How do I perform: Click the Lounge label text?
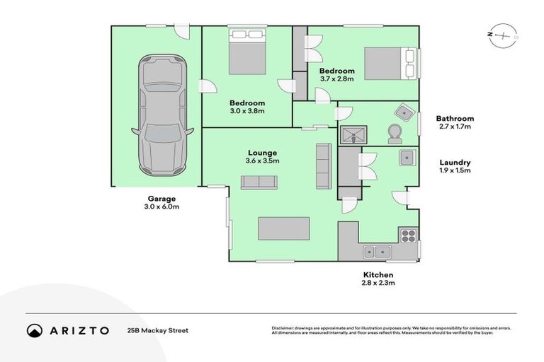[x=262, y=153]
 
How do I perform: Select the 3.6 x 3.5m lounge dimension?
[x=262, y=161]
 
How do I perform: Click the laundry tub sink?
[x=406, y=158]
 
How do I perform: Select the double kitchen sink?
[x=377, y=251]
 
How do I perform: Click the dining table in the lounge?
[x=283, y=230]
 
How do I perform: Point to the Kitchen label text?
[x=378, y=274]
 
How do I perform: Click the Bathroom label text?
[x=455, y=119]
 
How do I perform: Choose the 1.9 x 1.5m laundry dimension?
[x=453, y=170]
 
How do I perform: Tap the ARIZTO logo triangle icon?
[x=35, y=330]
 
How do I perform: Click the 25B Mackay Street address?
[x=158, y=330]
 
